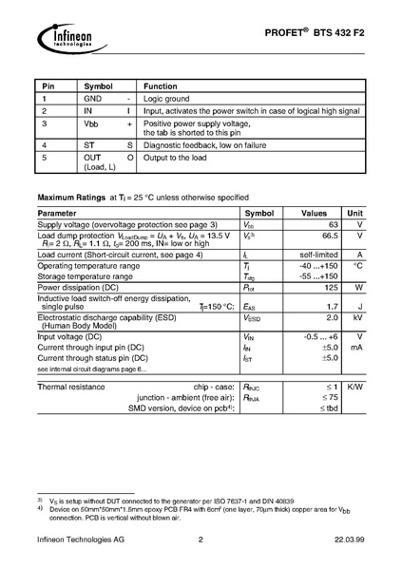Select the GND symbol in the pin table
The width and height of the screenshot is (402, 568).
click(92, 98)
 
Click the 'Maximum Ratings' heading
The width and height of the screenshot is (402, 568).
click(70, 198)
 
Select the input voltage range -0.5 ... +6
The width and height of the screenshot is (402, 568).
click(320, 336)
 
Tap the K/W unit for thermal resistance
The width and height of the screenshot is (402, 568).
click(355, 388)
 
